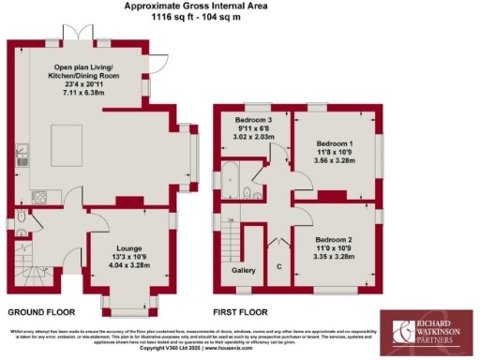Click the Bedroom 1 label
334,141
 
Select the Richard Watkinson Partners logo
425,332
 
